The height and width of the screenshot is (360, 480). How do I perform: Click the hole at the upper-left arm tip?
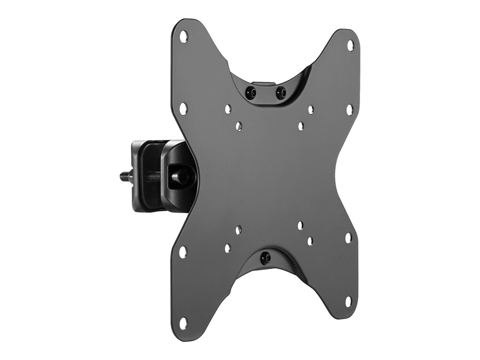(184, 36)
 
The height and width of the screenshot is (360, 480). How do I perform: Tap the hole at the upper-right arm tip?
(350, 45)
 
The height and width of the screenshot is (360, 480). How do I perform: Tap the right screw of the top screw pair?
(281, 92)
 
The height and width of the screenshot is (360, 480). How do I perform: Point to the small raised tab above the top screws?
(266, 84)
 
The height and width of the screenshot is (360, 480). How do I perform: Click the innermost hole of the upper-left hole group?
(239, 127)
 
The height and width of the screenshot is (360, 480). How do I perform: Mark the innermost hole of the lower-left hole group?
(238, 230)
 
